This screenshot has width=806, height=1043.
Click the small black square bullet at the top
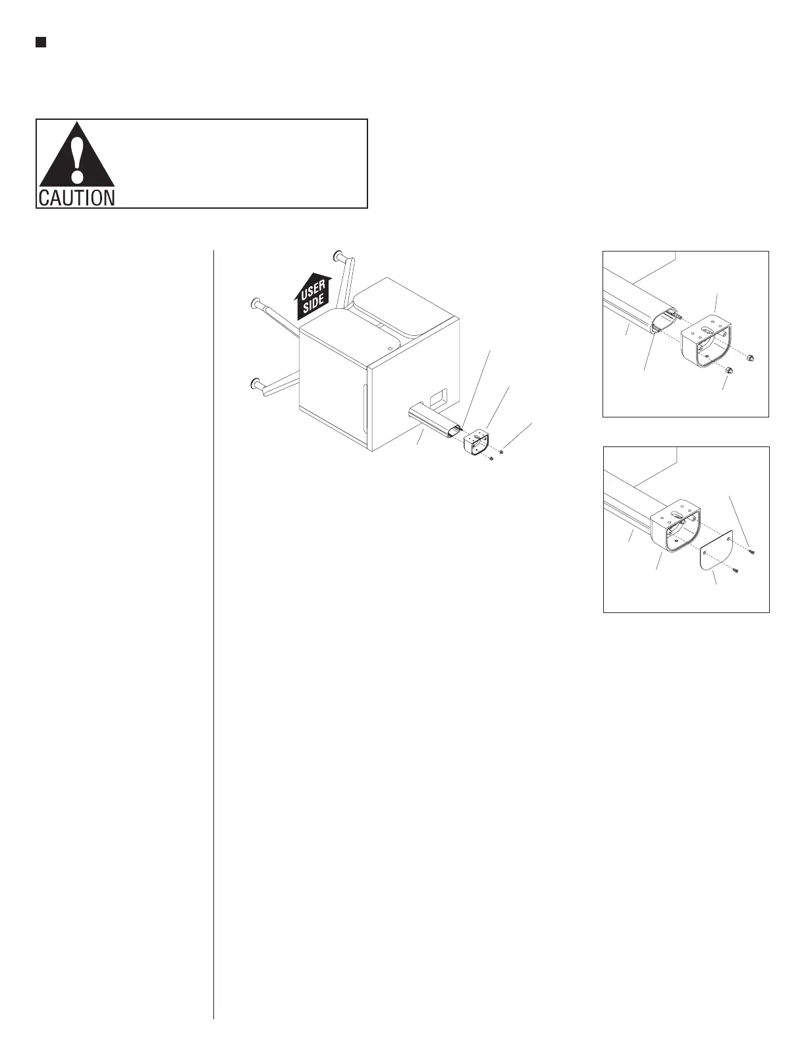(40, 43)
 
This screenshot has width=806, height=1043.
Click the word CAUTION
(76, 198)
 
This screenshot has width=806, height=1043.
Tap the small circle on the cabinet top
(390, 342)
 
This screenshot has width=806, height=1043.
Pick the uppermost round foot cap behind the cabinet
(340, 255)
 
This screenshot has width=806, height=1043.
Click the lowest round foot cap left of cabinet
(254, 385)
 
